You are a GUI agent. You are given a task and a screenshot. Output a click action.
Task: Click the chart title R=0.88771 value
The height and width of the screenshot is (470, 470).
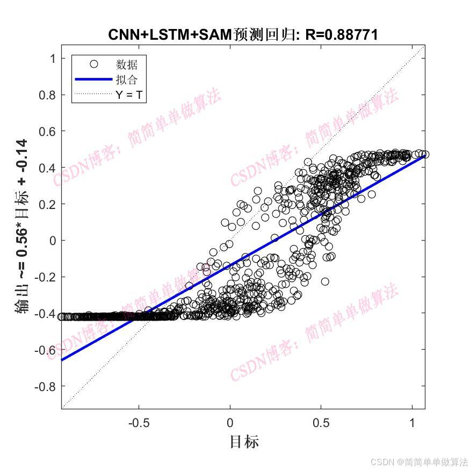[342, 35]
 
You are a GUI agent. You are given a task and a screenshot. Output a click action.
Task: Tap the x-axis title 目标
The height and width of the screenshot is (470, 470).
[244, 442]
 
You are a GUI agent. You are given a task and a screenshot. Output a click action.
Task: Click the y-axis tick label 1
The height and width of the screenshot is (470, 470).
[53, 58]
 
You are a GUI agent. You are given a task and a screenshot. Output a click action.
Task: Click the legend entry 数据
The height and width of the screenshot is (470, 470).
[127, 65]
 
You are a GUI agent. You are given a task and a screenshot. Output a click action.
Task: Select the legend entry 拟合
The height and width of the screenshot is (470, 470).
[127, 80]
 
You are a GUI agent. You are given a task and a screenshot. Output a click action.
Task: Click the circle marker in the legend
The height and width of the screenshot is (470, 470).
[93, 64]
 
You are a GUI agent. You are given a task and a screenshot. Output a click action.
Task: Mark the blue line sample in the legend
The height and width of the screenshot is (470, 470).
[93, 79]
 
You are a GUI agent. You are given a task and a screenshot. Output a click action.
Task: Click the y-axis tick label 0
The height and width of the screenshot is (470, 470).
[53, 240]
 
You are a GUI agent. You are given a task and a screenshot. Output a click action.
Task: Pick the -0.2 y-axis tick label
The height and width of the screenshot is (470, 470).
[46, 277]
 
